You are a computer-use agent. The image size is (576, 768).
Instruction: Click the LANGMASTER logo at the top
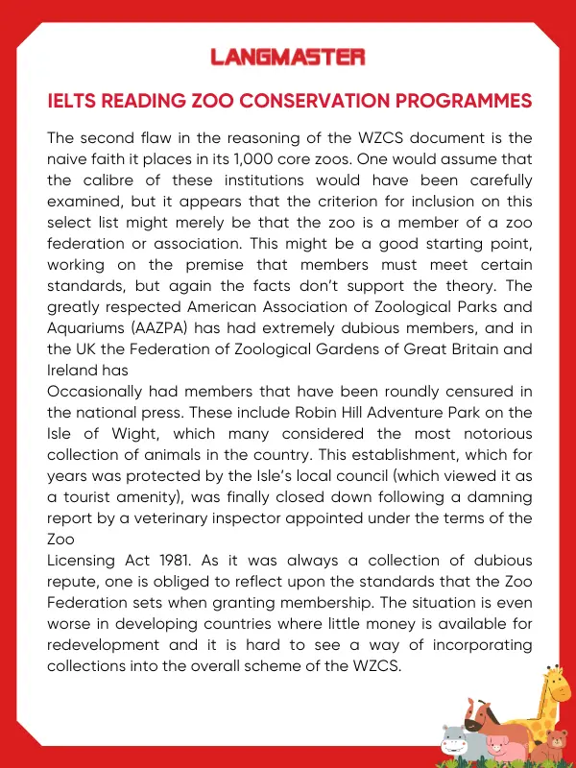tap(288, 57)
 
